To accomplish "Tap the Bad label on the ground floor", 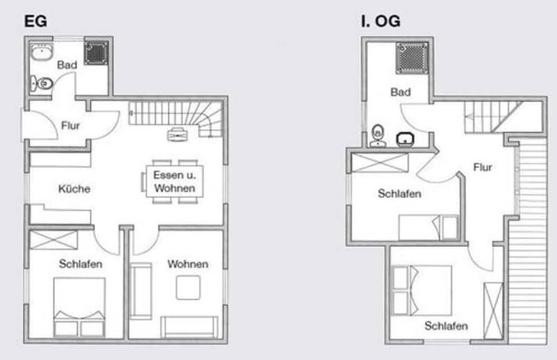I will tap(67, 64).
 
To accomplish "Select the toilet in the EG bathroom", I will tap(41, 83).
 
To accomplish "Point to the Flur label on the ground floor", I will tap(71, 126).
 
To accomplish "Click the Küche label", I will tap(74, 189).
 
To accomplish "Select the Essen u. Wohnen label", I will tap(175, 181).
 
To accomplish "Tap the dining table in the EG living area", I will tap(172, 182).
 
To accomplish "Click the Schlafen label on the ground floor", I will tap(81, 264).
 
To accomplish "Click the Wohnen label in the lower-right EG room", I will tap(188, 264).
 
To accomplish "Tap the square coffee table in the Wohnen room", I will tap(188, 289).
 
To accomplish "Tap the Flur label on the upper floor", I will tap(482, 167).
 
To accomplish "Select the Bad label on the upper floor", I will tap(400, 92).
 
